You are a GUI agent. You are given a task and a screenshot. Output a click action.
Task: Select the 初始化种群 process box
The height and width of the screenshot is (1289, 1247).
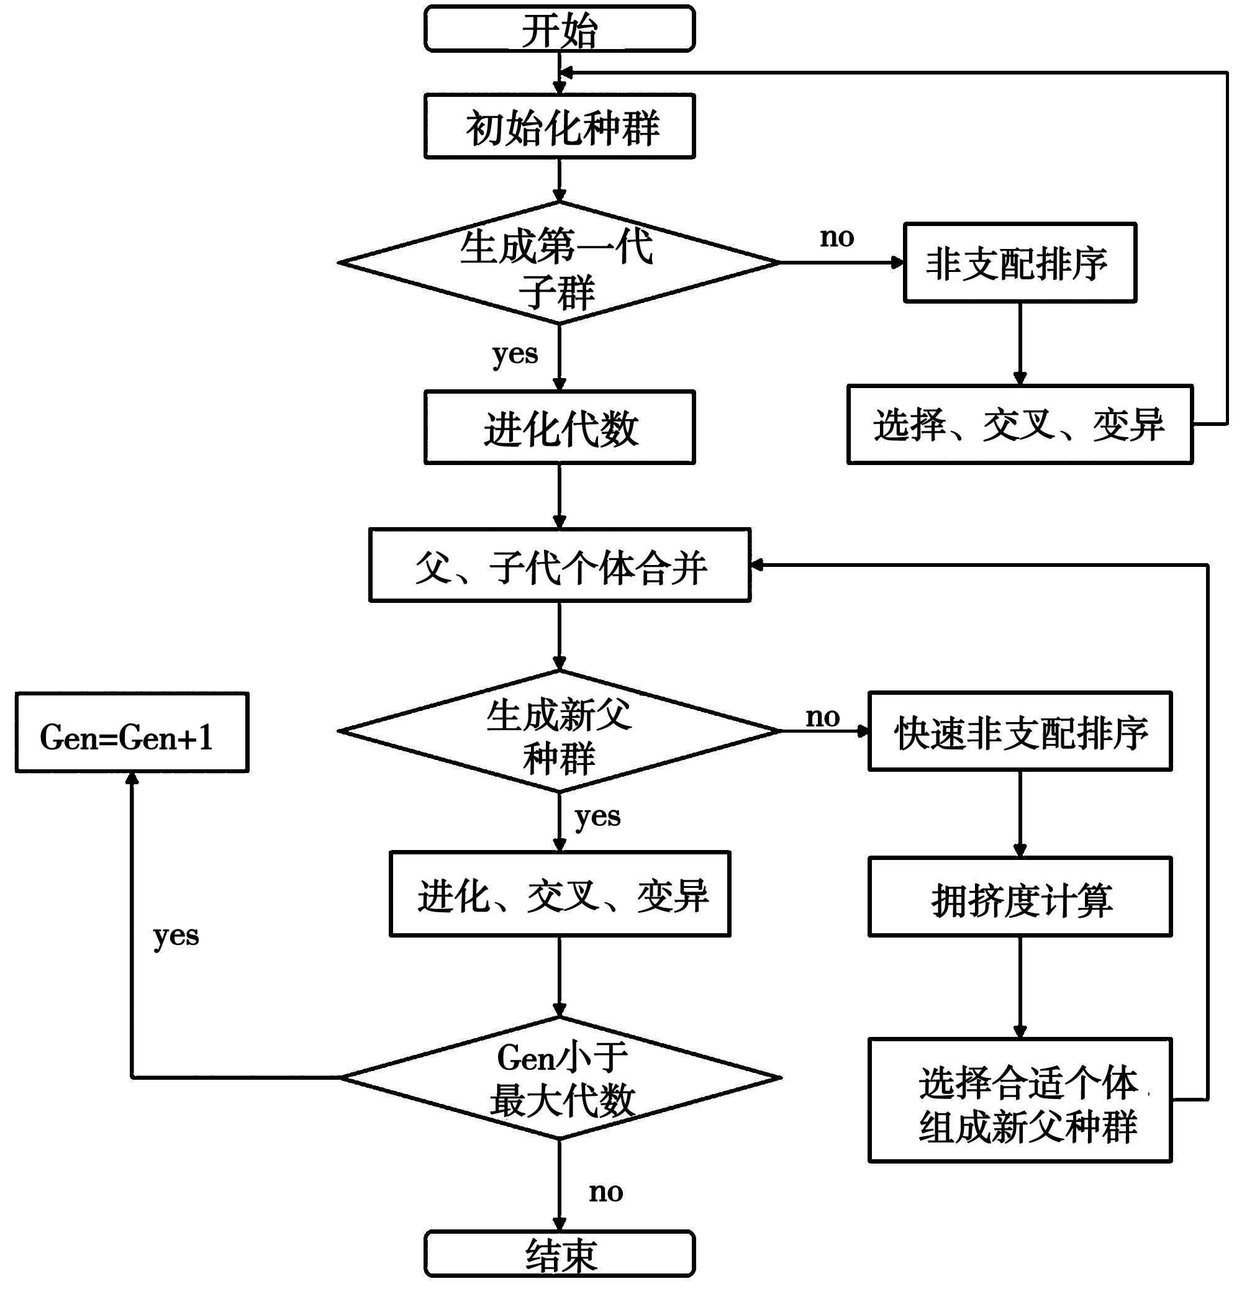(559, 126)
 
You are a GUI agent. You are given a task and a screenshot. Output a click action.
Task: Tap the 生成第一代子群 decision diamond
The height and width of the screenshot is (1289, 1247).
(559, 263)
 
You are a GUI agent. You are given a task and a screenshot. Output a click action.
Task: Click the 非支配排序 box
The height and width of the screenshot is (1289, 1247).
(1020, 263)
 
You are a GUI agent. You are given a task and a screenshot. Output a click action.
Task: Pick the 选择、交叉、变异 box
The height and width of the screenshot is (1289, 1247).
(1020, 425)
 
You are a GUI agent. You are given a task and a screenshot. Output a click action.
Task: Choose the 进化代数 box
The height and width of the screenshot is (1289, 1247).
(559, 427)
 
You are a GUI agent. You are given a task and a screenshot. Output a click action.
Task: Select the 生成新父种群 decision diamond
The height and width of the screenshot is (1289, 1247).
(559, 731)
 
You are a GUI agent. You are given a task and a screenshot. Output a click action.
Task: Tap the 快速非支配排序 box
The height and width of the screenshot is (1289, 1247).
(1020, 731)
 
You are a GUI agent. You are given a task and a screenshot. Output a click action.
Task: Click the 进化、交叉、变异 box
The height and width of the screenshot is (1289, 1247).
(559, 894)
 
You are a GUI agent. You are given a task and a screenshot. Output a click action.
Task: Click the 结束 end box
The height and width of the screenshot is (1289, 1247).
(559, 1254)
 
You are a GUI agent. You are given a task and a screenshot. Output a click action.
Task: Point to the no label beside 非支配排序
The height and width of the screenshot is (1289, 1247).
(837, 237)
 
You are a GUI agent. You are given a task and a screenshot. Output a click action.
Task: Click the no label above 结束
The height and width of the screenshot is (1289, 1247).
(605, 1192)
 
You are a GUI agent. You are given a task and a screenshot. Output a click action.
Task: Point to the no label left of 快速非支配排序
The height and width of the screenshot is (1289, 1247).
(822, 717)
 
